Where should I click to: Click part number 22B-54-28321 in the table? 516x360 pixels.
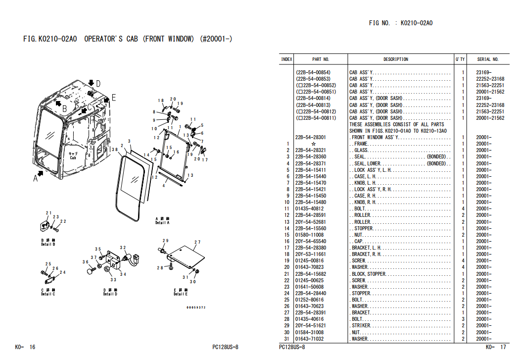tap(310, 150)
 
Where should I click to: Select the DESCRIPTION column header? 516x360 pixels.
tap(396, 59)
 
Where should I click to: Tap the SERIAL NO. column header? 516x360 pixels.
tap(487, 59)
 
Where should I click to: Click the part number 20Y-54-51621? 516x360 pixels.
tap(310, 326)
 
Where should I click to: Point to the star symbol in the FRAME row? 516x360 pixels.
tap(313, 144)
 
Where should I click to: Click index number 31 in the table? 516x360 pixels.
tap(286, 339)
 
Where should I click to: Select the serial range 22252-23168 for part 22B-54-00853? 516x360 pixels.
tap(490, 79)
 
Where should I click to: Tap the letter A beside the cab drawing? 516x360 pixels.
tap(36, 179)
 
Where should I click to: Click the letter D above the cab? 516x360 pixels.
tap(98, 84)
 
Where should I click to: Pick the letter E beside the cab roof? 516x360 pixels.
tap(113, 98)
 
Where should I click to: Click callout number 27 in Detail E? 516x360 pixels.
tap(197, 243)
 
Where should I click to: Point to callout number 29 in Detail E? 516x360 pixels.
tap(166, 241)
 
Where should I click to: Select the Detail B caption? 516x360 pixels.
tap(48, 242)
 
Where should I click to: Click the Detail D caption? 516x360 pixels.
tap(110, 292)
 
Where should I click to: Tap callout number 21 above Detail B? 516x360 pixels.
tap(48, 213)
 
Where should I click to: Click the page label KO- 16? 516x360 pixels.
tap(25, 347)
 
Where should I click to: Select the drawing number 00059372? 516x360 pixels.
tap(195, 308)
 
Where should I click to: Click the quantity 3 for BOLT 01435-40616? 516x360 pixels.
tap(463, 319)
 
